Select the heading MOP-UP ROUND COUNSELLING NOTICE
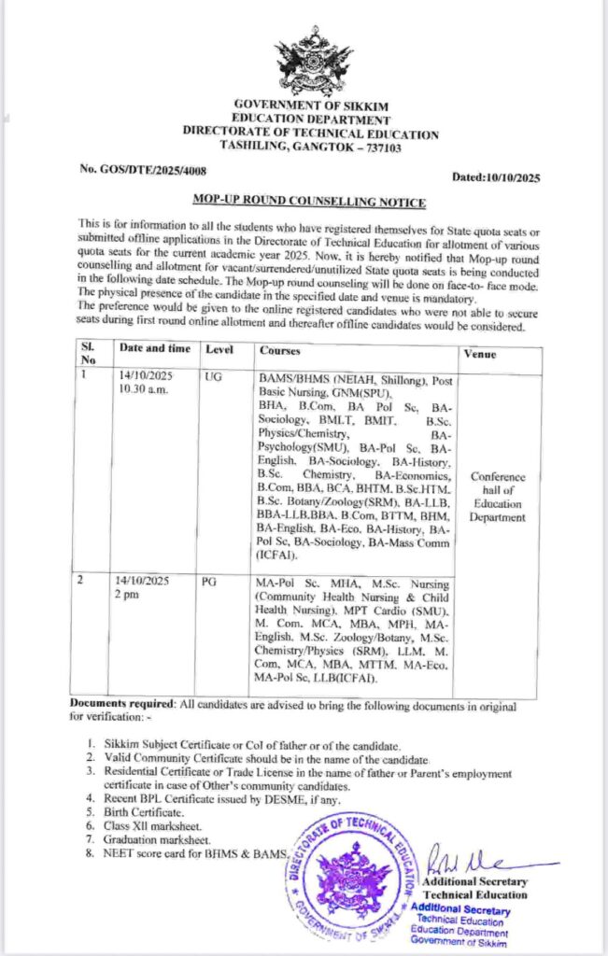(309, 202)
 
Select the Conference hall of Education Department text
(498, 498)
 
